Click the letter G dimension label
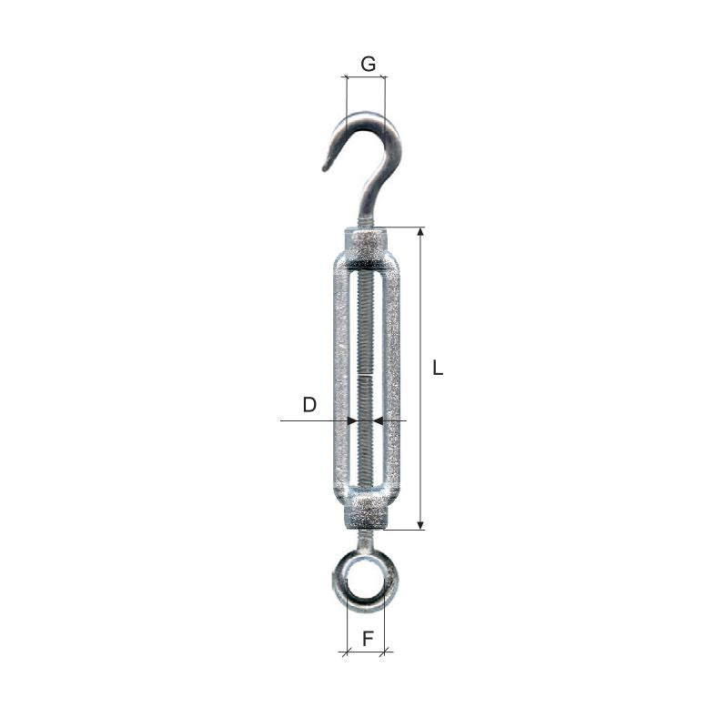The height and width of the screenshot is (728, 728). [x=368, y=64]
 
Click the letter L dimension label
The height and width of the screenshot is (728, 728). [x=438, y=369]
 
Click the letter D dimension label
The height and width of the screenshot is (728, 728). [x=309, y=405]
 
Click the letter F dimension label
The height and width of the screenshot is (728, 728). [x=368, y=639]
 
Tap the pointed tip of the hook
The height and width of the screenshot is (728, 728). [x=325, y=167]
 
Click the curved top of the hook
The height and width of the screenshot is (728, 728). [x=369, y=116]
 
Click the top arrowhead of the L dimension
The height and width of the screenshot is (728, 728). [x=420, y=233]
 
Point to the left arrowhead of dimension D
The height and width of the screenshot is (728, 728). [x=351, y=420]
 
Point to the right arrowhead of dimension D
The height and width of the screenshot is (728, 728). [x=379, y=420]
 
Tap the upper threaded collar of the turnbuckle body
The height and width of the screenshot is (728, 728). [x=367, y=244]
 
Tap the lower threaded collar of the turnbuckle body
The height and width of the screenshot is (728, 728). [x=366, y=512]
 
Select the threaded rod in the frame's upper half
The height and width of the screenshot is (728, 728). [x=366, y=318]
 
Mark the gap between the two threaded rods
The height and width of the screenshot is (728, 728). [x=366, y=375]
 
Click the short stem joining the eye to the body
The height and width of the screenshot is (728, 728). [x=365, y=542]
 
